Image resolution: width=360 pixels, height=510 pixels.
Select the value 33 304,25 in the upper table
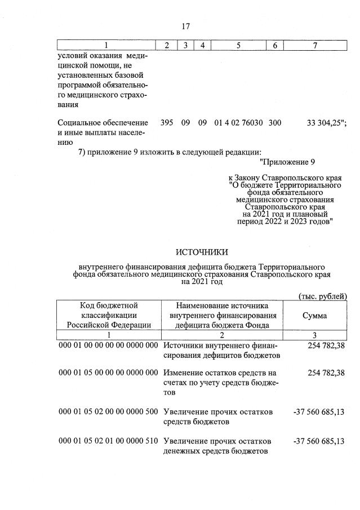coord(322,122)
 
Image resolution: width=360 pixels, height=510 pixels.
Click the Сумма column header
coord(314,316)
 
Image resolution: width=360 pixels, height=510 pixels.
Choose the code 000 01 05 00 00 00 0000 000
coord(109,373)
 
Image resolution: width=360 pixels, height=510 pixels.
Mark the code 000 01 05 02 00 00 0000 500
coord(109,412)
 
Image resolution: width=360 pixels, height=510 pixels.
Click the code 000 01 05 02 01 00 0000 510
coord(109,441)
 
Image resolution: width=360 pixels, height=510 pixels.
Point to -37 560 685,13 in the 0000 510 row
coord(319,441)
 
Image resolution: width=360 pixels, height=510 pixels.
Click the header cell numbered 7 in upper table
coord(314,45)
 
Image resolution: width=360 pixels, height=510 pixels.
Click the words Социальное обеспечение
coord(103,122)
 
